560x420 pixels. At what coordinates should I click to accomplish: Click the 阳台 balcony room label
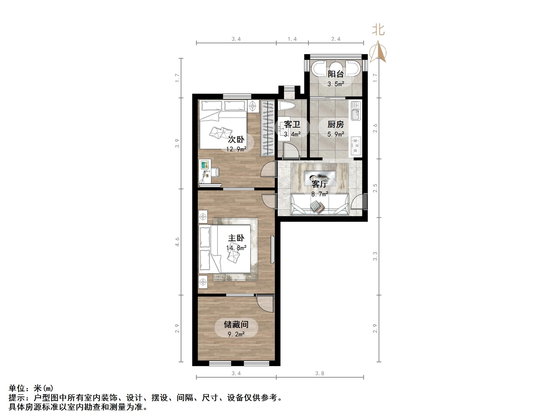point(336,74)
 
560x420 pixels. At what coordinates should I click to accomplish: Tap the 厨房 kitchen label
point(336,125)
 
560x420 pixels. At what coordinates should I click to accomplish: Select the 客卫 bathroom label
point(292,125)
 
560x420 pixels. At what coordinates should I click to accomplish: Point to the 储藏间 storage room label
point(236,324)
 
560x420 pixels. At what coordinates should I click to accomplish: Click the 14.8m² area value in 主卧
point(236,248)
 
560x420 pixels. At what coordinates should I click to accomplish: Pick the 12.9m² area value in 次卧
point(236,149)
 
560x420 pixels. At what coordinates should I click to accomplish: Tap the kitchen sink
point(356,111)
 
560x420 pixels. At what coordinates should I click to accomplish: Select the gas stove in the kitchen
point(356,146)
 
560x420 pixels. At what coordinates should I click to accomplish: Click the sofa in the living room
point(320,205)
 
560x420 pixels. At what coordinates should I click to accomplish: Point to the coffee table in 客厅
point(320,176)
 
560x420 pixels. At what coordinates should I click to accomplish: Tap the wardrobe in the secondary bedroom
point(268,128)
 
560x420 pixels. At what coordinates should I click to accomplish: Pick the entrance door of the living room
point(359,202)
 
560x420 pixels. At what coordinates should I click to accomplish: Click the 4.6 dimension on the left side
point(177,242)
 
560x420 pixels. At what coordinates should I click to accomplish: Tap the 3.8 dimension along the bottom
point(320,373)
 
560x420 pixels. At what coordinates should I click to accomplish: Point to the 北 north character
point(378,30)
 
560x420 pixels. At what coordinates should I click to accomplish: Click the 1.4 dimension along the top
point(292,39)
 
